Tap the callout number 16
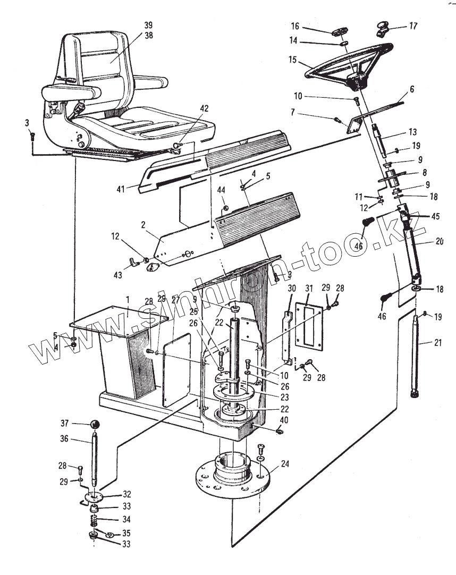[x=295, y=26]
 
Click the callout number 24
[x=285, y=463]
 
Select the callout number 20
[x=438, y=241]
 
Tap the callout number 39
[x=148, y=25]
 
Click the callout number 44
[x=221, y=190]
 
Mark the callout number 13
[x=413, y=132]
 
